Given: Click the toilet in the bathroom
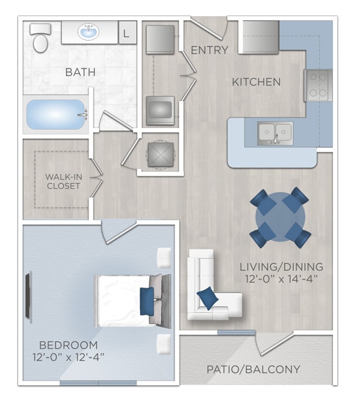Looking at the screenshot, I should click(x=41, y=38).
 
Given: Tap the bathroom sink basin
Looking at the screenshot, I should click(x=88, y=32).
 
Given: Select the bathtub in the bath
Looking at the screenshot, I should click(x=56, y=115).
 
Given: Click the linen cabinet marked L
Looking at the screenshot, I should click(x=127, y=31).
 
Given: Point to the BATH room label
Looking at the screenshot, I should click(x=80, y=72).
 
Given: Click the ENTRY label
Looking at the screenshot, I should click(x=209, y=50).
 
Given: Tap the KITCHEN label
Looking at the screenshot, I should click(x=257, y=82).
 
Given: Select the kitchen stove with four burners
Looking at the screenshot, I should click(x=317, y=85).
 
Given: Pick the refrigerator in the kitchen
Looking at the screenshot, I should click(x=260, y=38).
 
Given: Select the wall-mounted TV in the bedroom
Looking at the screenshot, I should click(x=28, y=297).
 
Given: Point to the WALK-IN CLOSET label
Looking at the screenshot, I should click(x=63, y=181).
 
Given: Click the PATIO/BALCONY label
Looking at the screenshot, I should click(x=253, y=370).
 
